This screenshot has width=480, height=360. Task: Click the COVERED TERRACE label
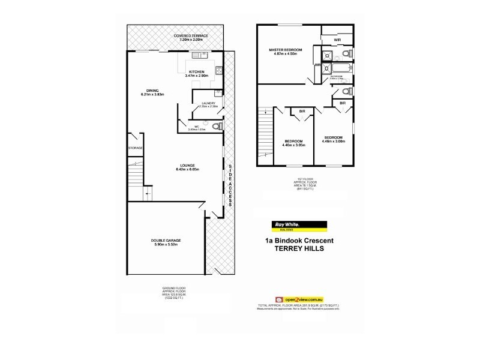pos(191,36)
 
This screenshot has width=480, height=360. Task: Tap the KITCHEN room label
pos(197,72)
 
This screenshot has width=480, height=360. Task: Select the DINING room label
pos(152,91)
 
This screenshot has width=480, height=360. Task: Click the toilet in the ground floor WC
pos(219,127)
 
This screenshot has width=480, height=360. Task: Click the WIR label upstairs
pos(337,40)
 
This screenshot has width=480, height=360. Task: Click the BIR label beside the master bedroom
pos(317,65)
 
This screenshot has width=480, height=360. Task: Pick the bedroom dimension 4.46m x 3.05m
pos(295,145)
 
